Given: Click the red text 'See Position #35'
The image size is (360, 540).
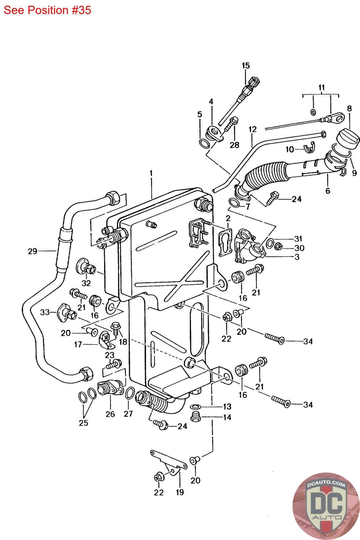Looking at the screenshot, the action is click(48, 10).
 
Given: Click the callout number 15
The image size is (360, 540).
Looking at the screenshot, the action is click(246, 65).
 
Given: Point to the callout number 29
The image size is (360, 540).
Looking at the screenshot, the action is click(32, 251).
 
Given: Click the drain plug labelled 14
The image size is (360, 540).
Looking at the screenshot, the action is click(195, 417).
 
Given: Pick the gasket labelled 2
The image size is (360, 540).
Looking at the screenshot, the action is click(226, 243).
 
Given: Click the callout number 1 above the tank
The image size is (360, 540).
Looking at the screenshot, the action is click(151, 173).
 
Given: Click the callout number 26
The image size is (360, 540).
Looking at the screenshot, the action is click(110, 414).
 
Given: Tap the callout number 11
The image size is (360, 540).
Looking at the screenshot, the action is click(322, 87).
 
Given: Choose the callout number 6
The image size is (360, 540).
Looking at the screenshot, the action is click(328, 191).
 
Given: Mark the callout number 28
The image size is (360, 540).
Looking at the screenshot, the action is click(234, 145).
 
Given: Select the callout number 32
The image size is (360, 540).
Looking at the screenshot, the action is click(86, 283).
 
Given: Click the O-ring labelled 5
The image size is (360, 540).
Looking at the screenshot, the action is click(204, 144).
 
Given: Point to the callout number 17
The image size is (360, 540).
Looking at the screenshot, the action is click(78, 345).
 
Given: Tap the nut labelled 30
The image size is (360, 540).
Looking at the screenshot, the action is click(279, 246).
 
